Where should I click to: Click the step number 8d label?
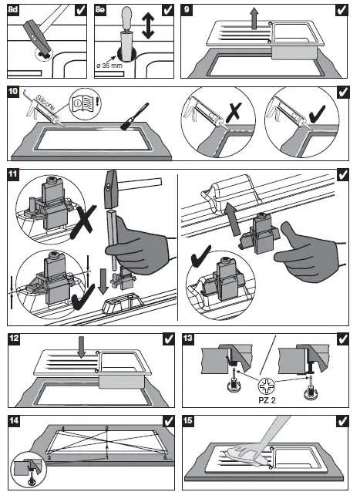click(13, 10)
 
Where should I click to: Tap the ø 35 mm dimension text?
click(109, 66)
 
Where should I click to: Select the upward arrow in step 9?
click(254, 19)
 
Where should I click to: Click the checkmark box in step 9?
click(341, 10)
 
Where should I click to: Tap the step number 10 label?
click(13, 92)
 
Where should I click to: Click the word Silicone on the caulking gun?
click(45, 103)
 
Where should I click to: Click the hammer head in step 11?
click(109, 190)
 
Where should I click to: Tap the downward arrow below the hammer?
click(102, 281)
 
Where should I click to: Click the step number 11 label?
click(13, 174)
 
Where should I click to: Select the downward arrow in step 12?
click(82, 347)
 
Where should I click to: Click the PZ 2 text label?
click(267, 400)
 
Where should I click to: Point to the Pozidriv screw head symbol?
click(266, 386)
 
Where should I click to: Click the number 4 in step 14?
click(62, 428)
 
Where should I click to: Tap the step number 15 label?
click(188, 420)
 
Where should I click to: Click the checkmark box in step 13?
click(342, 339)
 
